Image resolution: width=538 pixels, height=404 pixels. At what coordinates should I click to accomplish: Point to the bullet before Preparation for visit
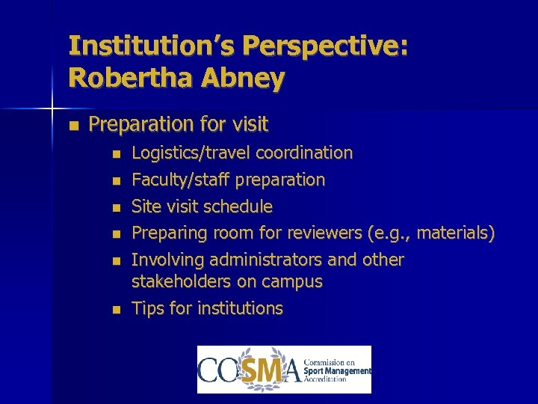72,124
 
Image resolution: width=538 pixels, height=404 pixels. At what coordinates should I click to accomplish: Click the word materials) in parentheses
456,233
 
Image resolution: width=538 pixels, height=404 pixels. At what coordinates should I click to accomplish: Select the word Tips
148,308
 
